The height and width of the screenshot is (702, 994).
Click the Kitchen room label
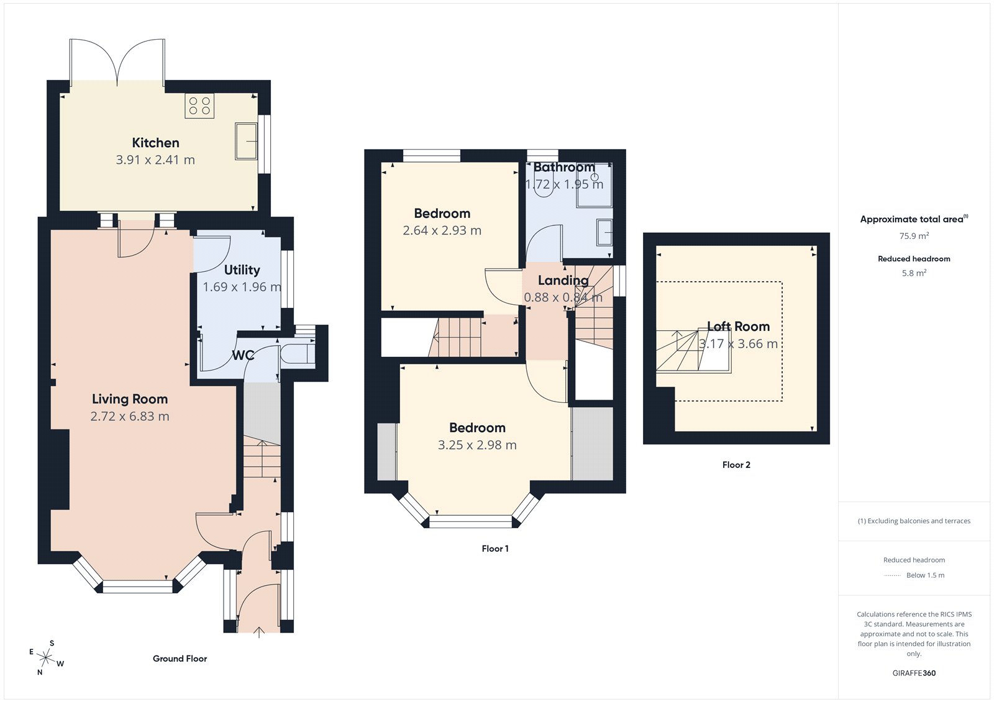(x=155, y=143)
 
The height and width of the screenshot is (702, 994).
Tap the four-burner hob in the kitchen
(x=199, y=106)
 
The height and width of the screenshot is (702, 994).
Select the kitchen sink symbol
(x=246, y=141)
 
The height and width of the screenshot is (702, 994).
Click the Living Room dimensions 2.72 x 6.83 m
(x=130, y=416)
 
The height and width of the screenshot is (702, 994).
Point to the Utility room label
(x=242, y=270)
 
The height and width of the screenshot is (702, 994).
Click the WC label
(x=243, y=355)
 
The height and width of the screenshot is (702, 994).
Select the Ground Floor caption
(x=180, y=659)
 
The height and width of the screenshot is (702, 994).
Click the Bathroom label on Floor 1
(x=564, y=168)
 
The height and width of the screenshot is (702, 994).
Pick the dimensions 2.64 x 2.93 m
(x=442, y=230)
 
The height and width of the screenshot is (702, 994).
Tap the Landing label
(x=563, y=281)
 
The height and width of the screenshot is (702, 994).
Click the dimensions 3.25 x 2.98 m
(x=477, y=445)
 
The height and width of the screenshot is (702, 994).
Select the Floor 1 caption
(x=495, y=549)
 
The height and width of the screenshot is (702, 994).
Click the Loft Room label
(x=738, y=326)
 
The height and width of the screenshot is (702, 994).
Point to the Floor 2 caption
(x=736, y=465)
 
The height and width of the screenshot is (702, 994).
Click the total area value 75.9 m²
(x=914, y=236)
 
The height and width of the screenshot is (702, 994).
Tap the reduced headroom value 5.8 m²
(x=914, y=273)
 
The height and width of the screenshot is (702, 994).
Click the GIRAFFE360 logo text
(x=914, y=673)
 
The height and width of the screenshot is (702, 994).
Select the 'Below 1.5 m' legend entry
(x=924, y=575)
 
